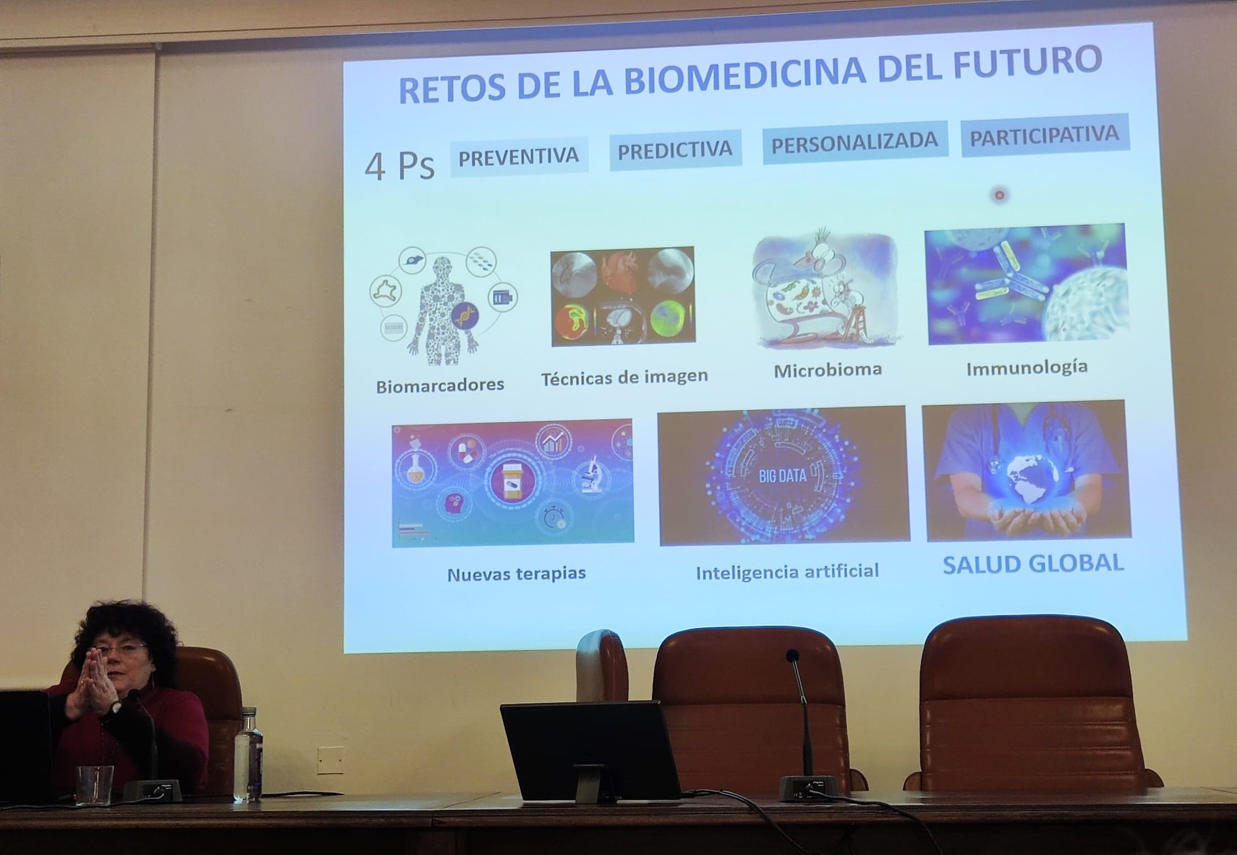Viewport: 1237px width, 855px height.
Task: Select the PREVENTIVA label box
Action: click(x=519, y=157)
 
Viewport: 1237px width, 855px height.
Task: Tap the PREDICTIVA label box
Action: click(x=675, y=150)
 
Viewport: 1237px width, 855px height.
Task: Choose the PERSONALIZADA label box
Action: click(x=855, y=143)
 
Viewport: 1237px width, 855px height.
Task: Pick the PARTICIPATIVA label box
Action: click(x=1045, y=135)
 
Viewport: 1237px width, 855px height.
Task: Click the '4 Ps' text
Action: click(x=400, y=166)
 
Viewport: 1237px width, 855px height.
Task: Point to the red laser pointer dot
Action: click(x=999, y=195)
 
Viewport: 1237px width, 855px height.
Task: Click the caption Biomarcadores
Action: click(x=440, y=386)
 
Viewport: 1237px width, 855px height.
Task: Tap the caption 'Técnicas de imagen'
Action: click(x=624, y=376)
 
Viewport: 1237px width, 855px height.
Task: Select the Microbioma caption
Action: click(x=828, y=370)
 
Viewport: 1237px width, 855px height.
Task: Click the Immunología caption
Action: click(x=1027, y=368)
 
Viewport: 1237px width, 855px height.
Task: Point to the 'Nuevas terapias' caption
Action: click(x=516, y=574)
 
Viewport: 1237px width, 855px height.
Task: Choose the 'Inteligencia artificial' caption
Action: click(x=787, y=572)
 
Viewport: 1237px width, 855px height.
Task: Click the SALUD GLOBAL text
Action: click(x=1033, y=564)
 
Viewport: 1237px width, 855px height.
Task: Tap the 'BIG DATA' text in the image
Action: click(x=782, y=475)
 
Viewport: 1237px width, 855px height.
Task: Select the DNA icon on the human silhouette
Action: click(x=464, y=317)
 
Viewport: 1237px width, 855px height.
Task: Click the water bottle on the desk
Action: click(x=248, y=755)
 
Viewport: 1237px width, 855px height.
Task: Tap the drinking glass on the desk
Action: click(x=95, y=785)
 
